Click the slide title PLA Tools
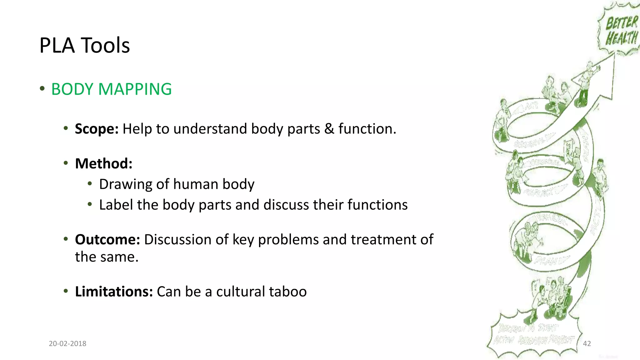coord(84,46)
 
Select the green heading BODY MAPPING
coord(111,89)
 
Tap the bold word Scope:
coord(97,129)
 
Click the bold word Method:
coord(104,164)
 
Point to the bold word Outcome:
coord(107,240)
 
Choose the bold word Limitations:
coord(114,292)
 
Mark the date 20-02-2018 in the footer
coord(67,344)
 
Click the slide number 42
coord(587,344)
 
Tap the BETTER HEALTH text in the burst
coord(621,31)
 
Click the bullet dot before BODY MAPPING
coord(42,89)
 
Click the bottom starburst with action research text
coord(534,336)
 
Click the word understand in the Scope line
coord(210,129)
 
